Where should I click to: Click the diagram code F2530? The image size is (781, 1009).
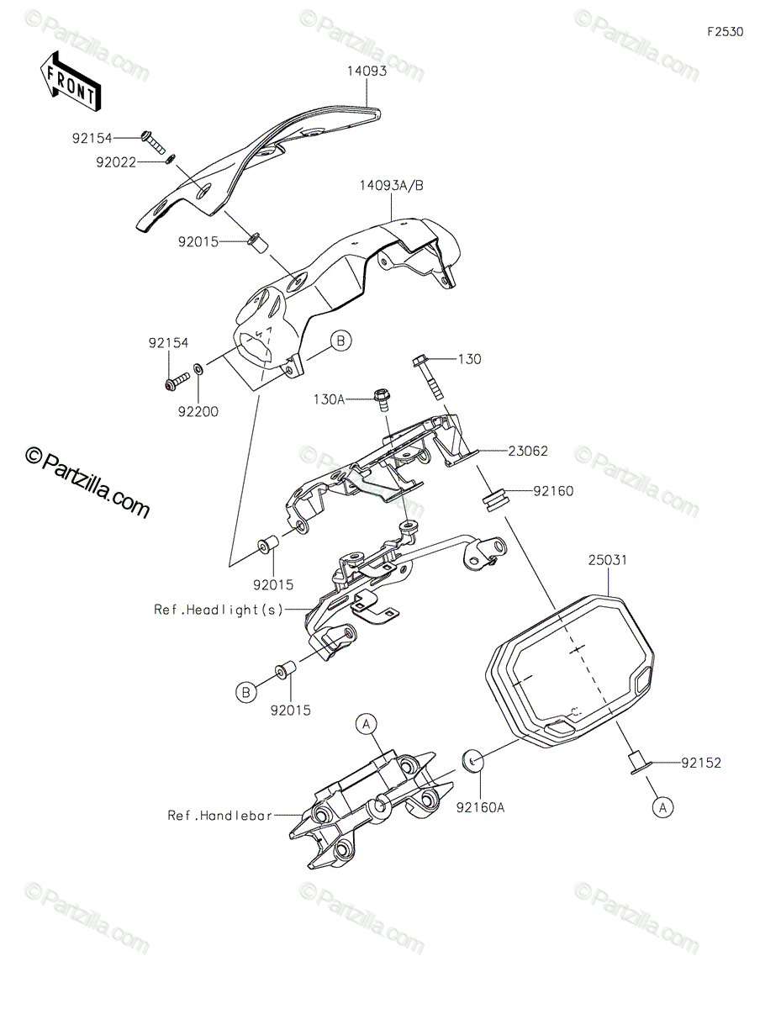(x=725, y=32)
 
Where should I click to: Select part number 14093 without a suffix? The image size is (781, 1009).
(x=367, y=71)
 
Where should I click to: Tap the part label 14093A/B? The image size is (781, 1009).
(x=392, y=186)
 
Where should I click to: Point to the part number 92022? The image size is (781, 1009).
(x=116, y=162)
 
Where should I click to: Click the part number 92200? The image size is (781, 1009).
(x=198, y=412)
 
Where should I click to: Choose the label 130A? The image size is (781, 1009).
(x=329, y=399)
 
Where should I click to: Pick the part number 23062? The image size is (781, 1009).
(x=528, y=451)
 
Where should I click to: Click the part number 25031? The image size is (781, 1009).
(x=608, y=560)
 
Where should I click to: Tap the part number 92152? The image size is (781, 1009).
(x=701, y=763)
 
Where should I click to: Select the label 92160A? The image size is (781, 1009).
(x=480, y=808)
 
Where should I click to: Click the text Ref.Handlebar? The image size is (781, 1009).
(x=220, y=816)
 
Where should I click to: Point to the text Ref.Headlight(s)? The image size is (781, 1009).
(x=219, y=610)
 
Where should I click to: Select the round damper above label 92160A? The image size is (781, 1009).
(x=472, y=760)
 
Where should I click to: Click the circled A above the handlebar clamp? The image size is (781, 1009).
(x=367, y=723)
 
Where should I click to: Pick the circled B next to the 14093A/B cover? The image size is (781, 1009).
(x=341, y=341)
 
